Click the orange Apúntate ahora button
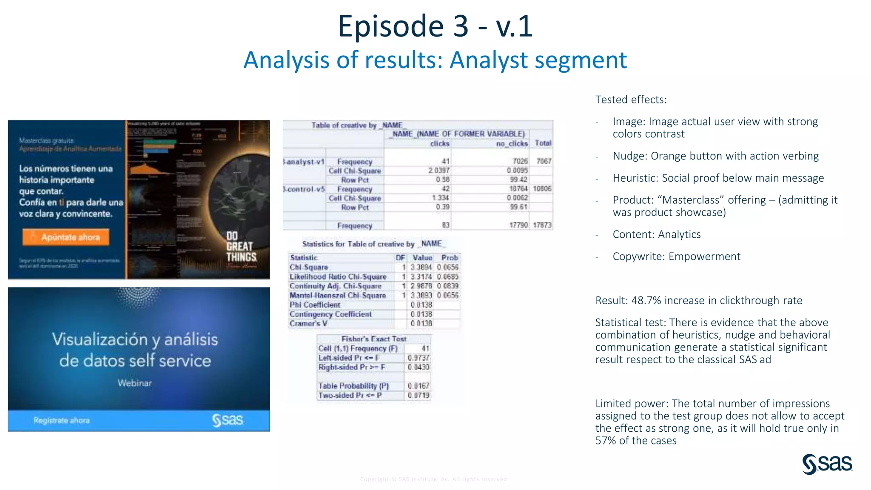tap(66, 237)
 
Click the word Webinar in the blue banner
tap(134, 383)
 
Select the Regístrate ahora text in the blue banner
tap(62, 420)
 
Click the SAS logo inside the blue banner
tap(228, 420)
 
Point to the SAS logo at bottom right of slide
tap(827, 464)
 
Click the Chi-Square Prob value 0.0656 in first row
tap(448, 267)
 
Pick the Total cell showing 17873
tap(542, 225)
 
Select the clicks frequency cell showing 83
tap(445, 225)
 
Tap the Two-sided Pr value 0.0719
tap(418, 395)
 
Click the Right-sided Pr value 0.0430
tap(418, 367)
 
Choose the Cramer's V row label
tap(308, 323)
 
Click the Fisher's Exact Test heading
tap(374, 339)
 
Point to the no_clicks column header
tap(512, 143)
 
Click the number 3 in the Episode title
tap(461, 26)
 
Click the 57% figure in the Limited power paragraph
tap(606, 441)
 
